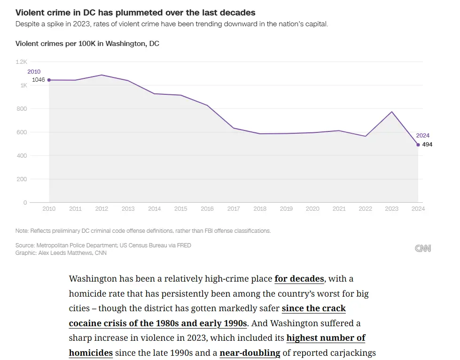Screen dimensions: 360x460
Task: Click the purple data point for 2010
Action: pyautogui.click(x=49, y=80)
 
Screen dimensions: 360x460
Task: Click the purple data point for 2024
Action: pyautogui.click(x=418, y=145)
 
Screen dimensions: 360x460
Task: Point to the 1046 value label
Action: pyautogui.click(x=39, y=80)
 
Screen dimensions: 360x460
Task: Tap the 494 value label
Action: pyautogui.click(x=427, y=145)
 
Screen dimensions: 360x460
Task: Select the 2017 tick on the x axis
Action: pyautogui.click(x=234, y=209)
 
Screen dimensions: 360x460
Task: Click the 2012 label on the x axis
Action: pyautogui.click(x=102, y=209)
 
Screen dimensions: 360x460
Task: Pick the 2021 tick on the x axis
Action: pyautogui.click(x=339, y=209)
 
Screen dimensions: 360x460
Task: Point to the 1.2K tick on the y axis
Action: pyautogui.click(x=22, y=62)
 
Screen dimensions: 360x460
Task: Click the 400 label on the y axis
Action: pyautogui.click(x=22, y=156)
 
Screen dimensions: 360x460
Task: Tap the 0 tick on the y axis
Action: pyautogui.click(x=25, y=203)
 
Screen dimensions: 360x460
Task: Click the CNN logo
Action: pyautogui.click(x=423, y=248)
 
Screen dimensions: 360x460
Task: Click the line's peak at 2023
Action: pyautogui.click(x=392, y=112)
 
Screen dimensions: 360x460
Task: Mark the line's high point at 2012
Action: pyautogui.click(x=102, y=75)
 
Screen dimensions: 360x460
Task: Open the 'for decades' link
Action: pyautogui.click(x=299, y=279)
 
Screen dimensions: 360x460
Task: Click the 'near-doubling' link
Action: pyautogui.click(x=250, y=352)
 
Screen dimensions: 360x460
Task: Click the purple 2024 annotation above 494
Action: pyautogui.click(x=423, y=136)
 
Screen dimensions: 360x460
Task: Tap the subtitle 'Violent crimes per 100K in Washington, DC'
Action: pyautogui.click(x=87, y=44)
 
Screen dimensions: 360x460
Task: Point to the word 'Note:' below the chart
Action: pyautogui.click(x=22, y=231)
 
